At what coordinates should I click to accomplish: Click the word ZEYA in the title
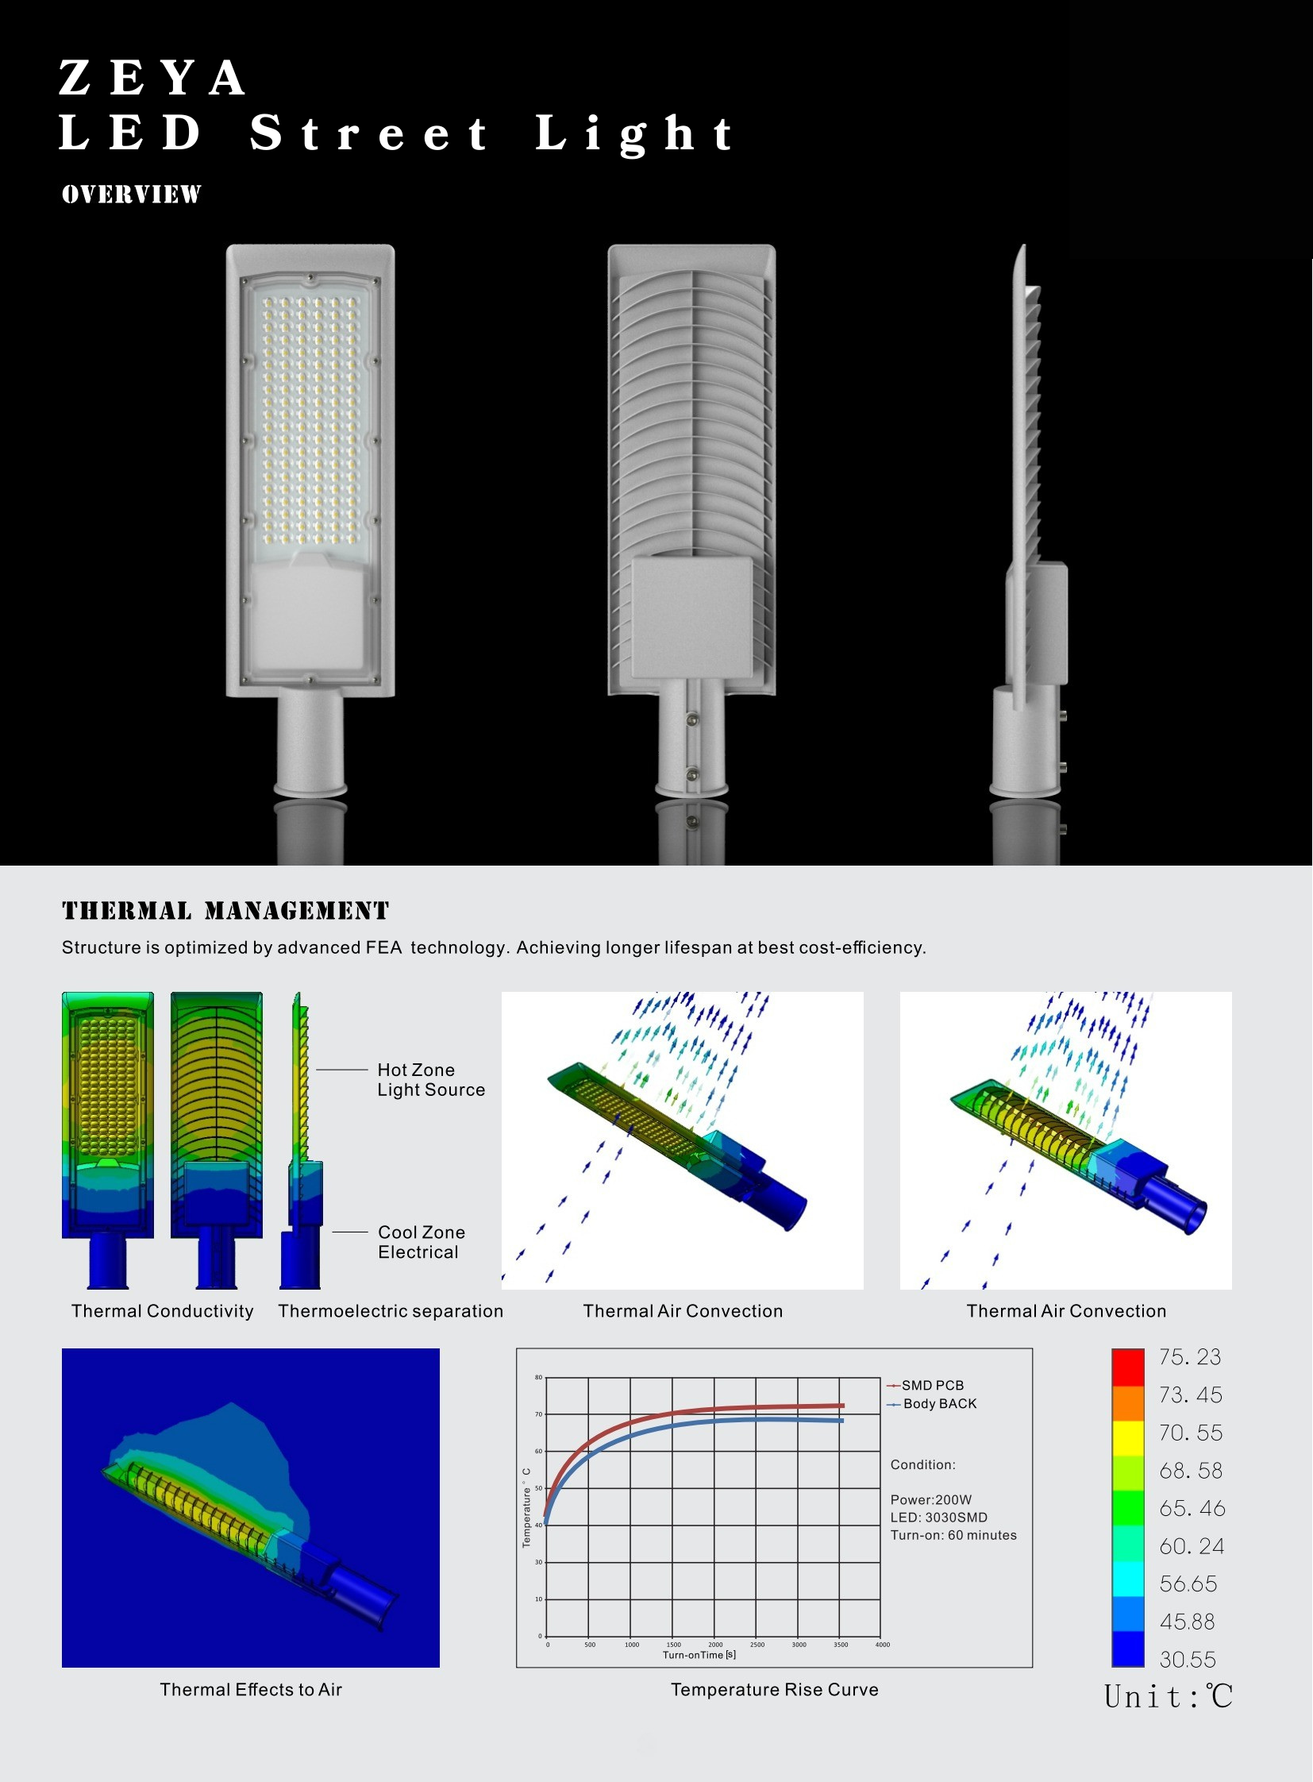[152, 78]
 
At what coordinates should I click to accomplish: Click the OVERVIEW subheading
[131, 194]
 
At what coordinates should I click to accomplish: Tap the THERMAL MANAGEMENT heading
[225, 911]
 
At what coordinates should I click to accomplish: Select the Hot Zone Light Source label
[431, 1080]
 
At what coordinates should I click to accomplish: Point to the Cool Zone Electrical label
[422, 1242]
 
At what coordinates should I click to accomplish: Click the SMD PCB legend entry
[925, 1385]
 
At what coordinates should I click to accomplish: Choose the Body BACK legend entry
[931, 1403]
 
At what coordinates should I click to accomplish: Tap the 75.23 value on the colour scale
[1190, 1356]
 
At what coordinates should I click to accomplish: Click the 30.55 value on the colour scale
[1188, 1660]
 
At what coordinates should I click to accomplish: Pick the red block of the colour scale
[1128, 1367]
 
